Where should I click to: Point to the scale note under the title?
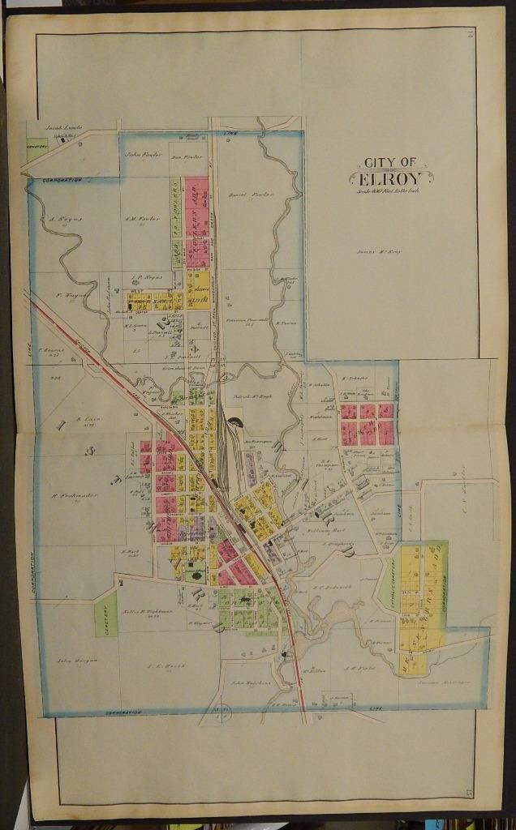[x=385, y=192]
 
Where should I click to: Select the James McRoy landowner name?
[x=380, y=252]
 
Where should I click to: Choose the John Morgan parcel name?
[x=76, y=660]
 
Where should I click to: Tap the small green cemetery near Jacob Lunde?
[x=34, y=146]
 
